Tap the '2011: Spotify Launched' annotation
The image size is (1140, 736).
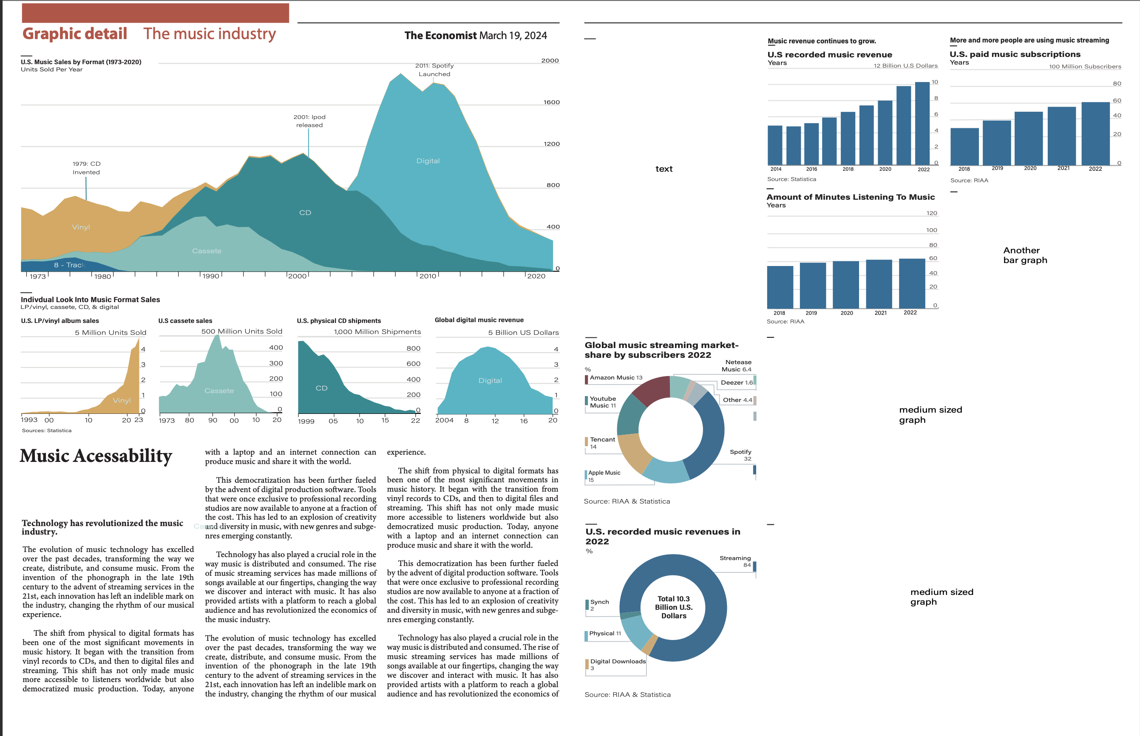point(434,70)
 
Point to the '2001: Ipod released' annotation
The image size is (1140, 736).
point(309,121)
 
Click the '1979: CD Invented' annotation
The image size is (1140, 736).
point(87,168)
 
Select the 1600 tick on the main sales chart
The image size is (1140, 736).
point(551,102)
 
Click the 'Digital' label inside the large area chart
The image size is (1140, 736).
point(428,161)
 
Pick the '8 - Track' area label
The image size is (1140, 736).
point(69,265)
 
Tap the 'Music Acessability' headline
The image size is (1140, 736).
point(96,456)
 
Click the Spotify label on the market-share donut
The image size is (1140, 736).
point(740,455)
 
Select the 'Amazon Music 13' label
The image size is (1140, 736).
point(615,377)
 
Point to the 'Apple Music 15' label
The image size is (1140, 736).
point(604,476)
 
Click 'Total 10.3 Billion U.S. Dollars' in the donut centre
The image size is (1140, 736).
point(673,607)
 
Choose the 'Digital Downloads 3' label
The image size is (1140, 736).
point(618,664)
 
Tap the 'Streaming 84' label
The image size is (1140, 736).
point(735,561)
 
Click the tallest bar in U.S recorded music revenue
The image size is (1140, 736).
point(922,123)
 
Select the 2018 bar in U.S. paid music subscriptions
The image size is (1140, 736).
point(964,146)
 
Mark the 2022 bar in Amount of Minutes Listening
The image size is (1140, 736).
point(911,283)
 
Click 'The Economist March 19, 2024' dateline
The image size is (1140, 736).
point(476,35)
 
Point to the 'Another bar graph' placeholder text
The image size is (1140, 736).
point(1025,255)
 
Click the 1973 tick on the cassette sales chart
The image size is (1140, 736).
point(166,421)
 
